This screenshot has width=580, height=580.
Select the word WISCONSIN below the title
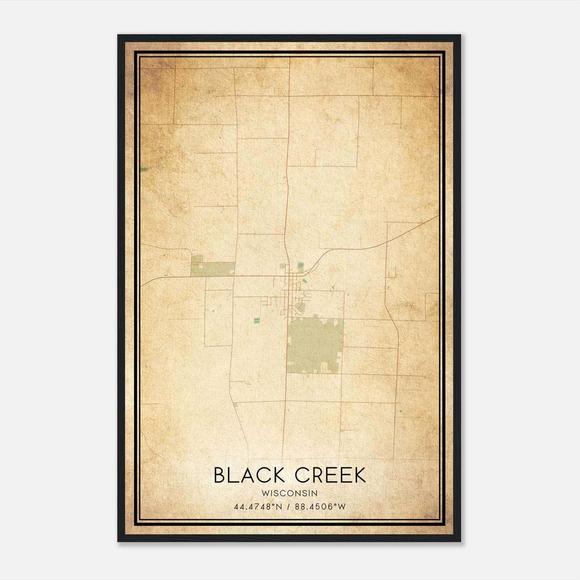coord(290,493)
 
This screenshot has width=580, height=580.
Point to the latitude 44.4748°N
coord(258,507)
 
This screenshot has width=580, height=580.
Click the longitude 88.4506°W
coord(320,507)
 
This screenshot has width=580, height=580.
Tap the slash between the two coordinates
coord(289,507)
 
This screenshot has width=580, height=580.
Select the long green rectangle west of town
coord(214,269)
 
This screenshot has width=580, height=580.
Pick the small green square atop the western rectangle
coord(198,258)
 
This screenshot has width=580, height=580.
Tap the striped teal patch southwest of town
coord(257,320)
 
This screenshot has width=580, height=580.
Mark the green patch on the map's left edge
coord(144,169)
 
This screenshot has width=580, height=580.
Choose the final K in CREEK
coord(359,475)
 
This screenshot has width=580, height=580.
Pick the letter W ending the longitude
coord(341,507)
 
